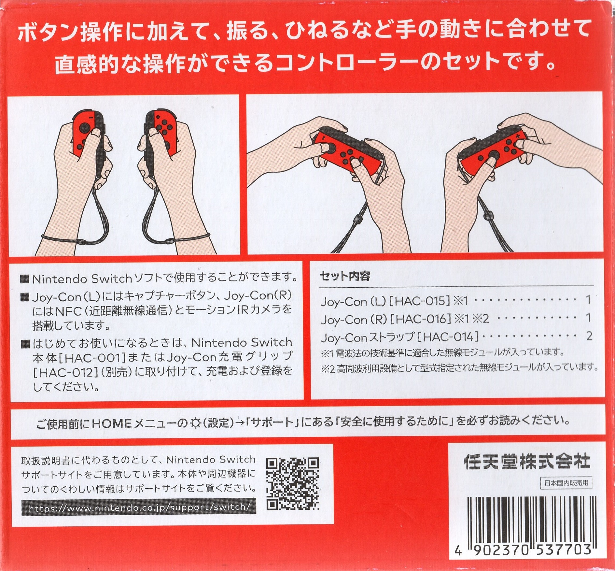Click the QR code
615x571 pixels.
point(292,484)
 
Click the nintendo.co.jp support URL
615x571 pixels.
point(139,507)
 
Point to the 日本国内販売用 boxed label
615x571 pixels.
point(566,483)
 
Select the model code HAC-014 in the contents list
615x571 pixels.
point(448,336)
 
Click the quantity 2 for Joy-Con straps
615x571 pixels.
point(589,336)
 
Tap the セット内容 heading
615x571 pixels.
point(345,276)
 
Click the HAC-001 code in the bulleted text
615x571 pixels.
point(91,358)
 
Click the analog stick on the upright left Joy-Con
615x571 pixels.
point(87,125)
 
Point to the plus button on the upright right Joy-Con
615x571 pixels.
point(158,117)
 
